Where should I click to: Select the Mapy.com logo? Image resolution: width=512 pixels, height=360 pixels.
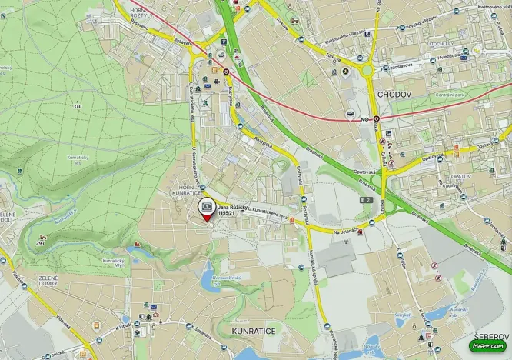(x=488, y=346)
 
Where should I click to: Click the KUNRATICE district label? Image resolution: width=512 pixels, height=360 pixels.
(x=253, y=330)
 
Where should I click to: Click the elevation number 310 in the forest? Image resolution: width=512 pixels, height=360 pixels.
(x=76, y=105)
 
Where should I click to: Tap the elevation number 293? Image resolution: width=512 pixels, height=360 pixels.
(x=40, y=245)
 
